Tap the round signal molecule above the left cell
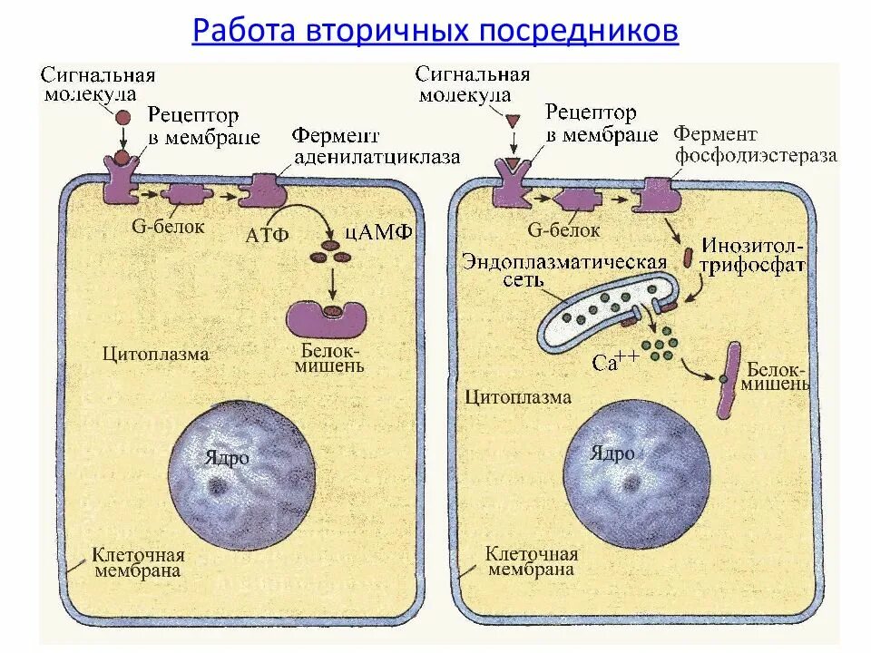pyautogui.click(x=121, y=117)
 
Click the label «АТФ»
pyautogui.click(x=267, y=235)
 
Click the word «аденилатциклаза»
pyautogui.click(x=376, y=157)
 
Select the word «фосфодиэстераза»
pyautogui.click(x=755, y=155)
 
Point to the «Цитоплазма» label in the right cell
pyautogui.click(x=518, y=396)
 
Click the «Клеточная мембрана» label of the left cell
pyautogui.click(x=142, y=563)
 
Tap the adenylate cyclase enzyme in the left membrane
pyautogui.click(x=263, y=190)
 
